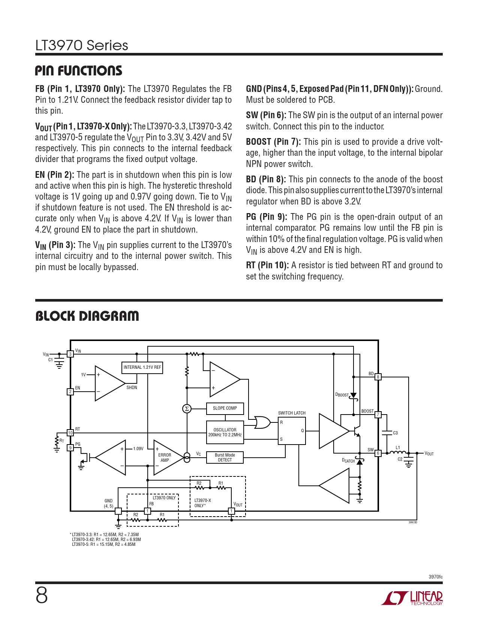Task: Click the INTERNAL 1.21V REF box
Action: pyautogui.click(x=142, y=367)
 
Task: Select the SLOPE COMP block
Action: pyautogui.click(x=225, y=408)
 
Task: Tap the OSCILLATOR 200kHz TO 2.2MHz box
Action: pyautogui.click(x=225, y=433)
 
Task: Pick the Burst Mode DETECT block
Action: pyautogui.click(x=225, y=457)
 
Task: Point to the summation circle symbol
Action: pyautogui.click(x=187, y=409)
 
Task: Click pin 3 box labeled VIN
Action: pyautogui.click(x=70, y=354)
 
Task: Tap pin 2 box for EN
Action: pyautogui.click(x=70, y=392)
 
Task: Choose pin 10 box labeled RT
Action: pyautogui.click(x=70, y=433)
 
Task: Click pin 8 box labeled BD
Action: pyautogui.click(x=378, y=377)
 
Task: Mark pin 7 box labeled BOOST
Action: pyautogui.click(x=378, y=415)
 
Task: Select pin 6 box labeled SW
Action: pyautogui.click(x=378, y=453)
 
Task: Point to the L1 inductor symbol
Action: pyautogui.click(x=398, y=452)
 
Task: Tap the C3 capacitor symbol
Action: pyautogui.click(x=387, y=433)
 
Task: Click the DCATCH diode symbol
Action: pyautogui.click(x=360, y=461)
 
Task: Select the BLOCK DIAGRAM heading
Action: pyautogui.click(x=87, y=316)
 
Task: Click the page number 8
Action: pyautogui.click(x=42, y=595)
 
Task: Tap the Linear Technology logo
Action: pyautogui.click(x=412, y=598)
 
